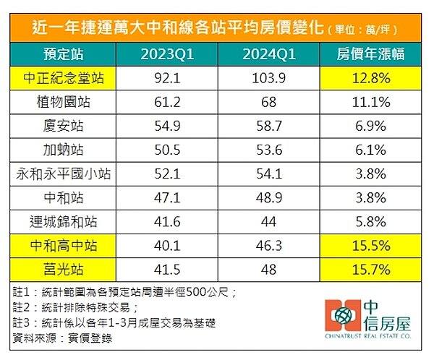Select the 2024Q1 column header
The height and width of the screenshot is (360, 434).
pos(269,54)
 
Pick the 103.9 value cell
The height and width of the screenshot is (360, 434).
pos(269,78)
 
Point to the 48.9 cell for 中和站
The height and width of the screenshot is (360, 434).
pos(269,196)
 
